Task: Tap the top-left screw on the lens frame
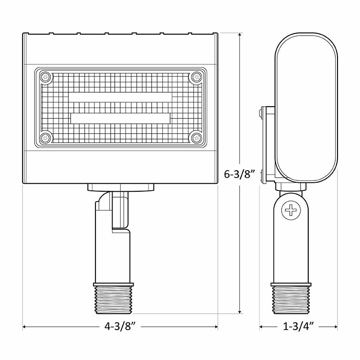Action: click(45, 77)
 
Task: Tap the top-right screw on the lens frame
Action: click(196, 77)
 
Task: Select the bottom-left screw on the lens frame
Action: click(45, 138)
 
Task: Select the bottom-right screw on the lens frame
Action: click(196, 138)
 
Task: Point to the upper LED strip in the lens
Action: click(120, 98)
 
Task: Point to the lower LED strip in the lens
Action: click(120, 118)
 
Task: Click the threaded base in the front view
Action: click(113, 297)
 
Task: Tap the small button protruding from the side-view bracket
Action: click(261, 112)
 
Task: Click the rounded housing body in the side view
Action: click(306, 108)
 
